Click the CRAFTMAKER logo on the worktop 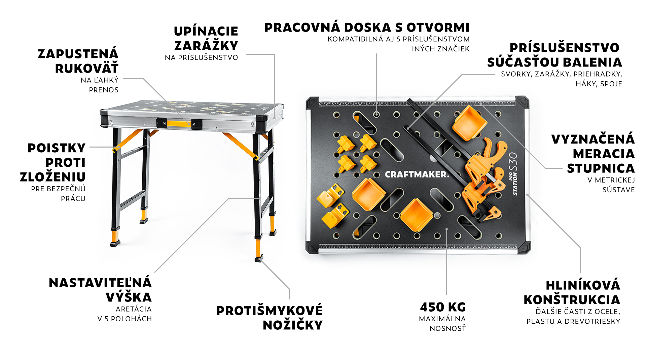point(417,174)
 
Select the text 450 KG point(443,307)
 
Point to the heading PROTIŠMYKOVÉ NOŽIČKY point(269,318)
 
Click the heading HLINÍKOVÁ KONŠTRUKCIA point(572,292)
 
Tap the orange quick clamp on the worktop point(481,178)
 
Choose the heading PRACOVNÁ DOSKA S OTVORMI point(367,28)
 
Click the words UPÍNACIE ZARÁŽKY point(206,38)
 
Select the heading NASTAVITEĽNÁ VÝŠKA point(100,290)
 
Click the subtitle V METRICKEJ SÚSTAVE point(611,185)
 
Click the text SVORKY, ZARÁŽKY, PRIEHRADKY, point(561,74)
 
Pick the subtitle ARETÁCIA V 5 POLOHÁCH point(124,314)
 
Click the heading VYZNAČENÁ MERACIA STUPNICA point(593,154)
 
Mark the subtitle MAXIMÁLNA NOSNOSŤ point(442,323)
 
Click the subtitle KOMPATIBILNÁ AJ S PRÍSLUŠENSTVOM point(398,39)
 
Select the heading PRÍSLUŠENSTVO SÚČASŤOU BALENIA point(554,55)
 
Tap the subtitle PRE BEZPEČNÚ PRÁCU point(58,194)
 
